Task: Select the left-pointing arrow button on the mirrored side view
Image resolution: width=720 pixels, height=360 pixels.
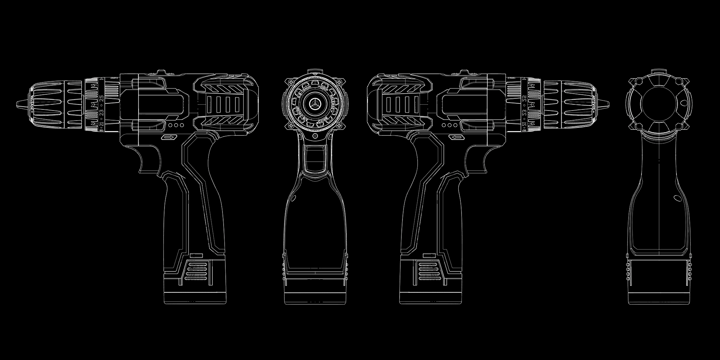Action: [x=457, y=137]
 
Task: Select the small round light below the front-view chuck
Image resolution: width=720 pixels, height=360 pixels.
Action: [x=315, y=136]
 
